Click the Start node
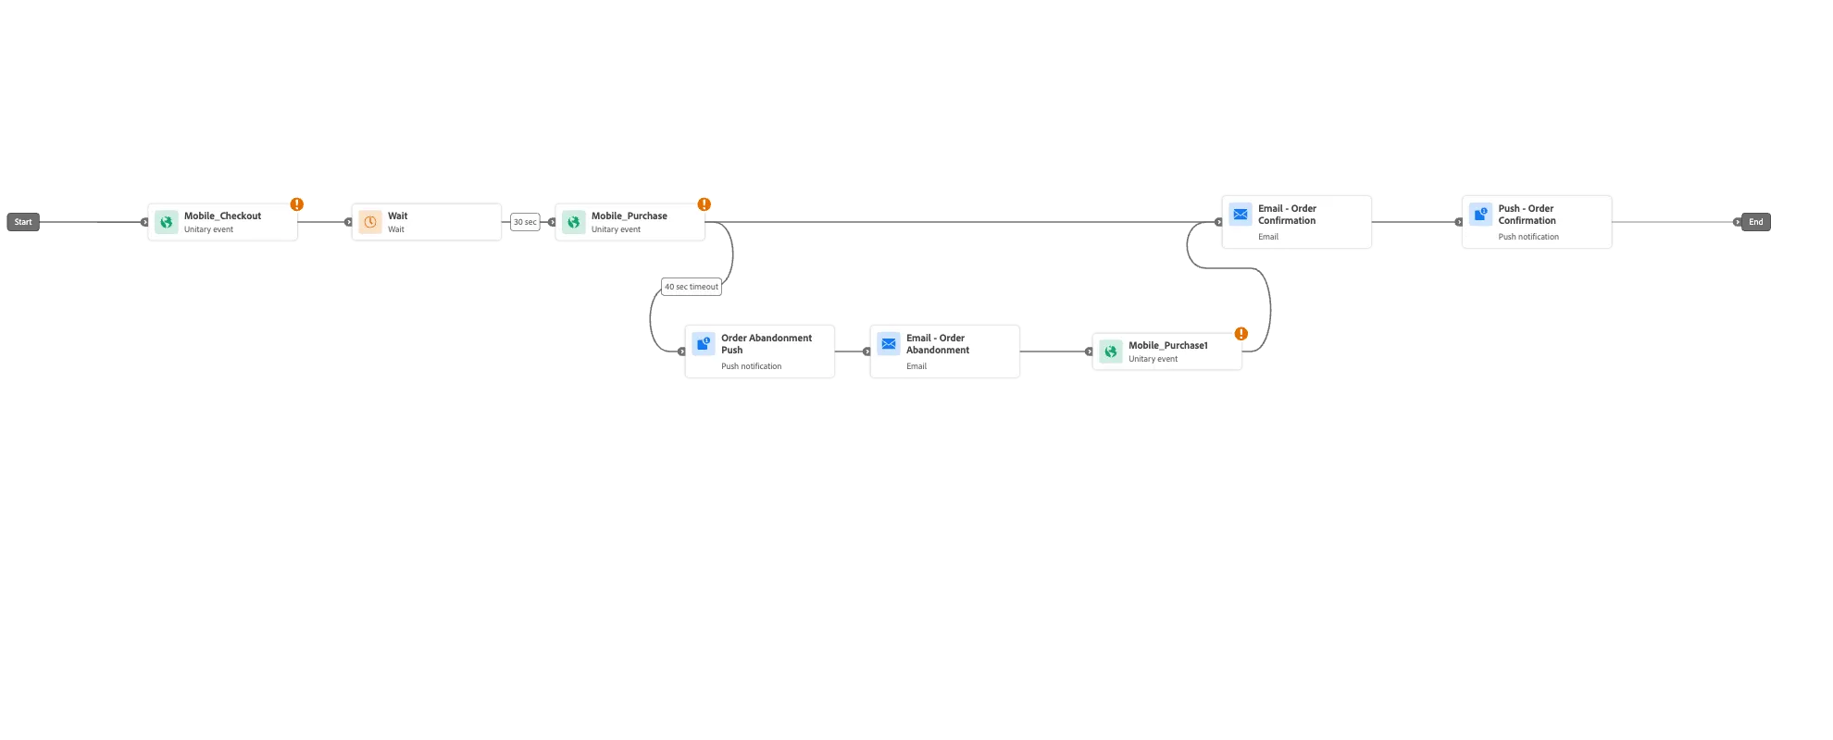coord(23,222)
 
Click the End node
coord(1755,222)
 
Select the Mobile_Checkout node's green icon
coord(167,222)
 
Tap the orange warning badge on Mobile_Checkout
coord(296,204)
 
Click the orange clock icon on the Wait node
coord(370,222)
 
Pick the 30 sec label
coord(525,222)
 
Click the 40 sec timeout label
coord(692,287)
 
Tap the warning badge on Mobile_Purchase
coord(704,204)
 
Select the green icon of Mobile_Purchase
coord(574,222)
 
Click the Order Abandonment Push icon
coord(704,344)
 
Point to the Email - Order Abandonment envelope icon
coord(889,344)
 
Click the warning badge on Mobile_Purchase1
coord(1241,334)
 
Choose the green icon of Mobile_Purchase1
coord(1111,351)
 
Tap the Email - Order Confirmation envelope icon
coord(1241,215)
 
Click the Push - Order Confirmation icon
coord(1481,215)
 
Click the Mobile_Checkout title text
coord(222,216)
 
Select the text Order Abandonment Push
coord(767,344)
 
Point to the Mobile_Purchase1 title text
coord(1167,346)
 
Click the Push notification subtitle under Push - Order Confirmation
coord(1528,237)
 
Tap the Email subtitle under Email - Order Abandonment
coord(916,366)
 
